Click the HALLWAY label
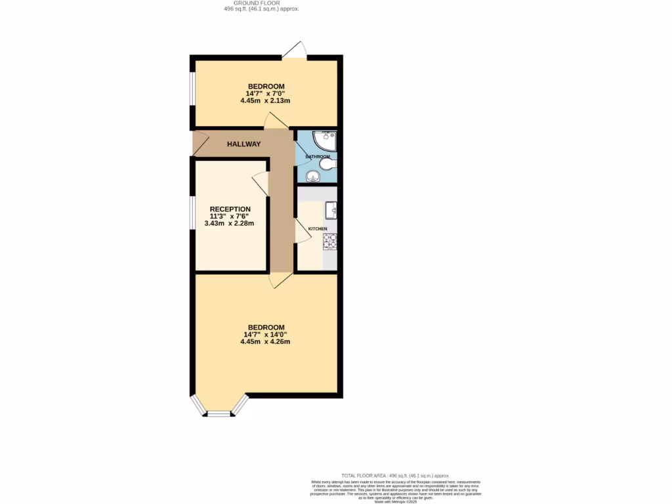(x=243, y=144)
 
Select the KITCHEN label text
(x=318, y=228)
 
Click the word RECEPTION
(x=230, y=209)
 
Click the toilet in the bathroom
(x=327, y=164)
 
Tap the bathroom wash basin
(x=314, y=175)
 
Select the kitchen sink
(x=331, y=209)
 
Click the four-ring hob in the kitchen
(x=329, y=241)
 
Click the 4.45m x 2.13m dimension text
(x=265, y=101)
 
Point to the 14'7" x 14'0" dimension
(x=265, y=335)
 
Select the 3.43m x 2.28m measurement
(x=229, y=224)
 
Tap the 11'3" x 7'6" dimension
(x=229, y=217)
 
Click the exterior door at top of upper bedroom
(x=295, y=51)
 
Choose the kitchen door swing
(x=302, y=231)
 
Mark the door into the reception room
(x=260, y=184)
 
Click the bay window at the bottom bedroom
(x=219, y=412)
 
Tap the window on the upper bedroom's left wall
(x=192, y=88)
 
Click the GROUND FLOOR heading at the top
(x=261, y=3)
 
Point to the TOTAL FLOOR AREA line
(x=396, y=475)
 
